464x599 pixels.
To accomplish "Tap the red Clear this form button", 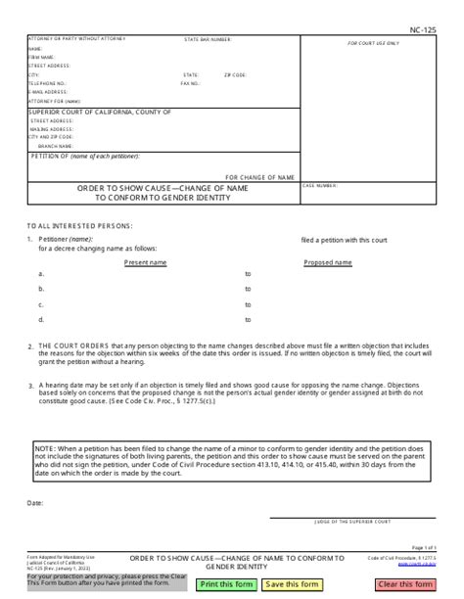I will tap(404, 585).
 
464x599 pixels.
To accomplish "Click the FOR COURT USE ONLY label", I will tap(381, 44).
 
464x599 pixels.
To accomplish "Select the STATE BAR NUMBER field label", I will tap(208, 40).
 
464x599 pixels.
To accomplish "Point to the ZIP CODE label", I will tap(235, 74).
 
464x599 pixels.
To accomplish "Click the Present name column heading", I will tap(146, 263).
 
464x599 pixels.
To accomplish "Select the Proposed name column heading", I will tap(328, 263).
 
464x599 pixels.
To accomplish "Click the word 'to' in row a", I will tap(248, 275).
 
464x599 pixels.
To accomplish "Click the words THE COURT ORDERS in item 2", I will tap(72, 346).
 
